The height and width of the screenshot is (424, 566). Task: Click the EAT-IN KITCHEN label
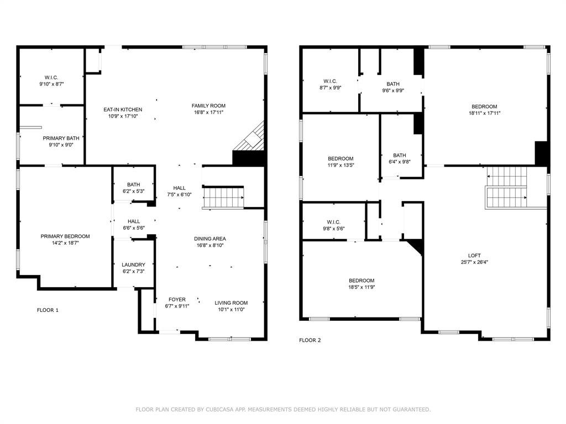coord(123,109)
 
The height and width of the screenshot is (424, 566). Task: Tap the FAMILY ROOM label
coord(208,105)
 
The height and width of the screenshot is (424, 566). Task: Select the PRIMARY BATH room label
coord(61,138)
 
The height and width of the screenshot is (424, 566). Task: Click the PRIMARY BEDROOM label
coord(65,236)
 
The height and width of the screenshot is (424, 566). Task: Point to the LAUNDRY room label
coord(133,264)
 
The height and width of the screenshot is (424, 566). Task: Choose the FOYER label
coord(177,299)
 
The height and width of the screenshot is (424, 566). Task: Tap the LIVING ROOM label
coord(231,303)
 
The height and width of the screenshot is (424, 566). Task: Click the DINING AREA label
coord(209,239)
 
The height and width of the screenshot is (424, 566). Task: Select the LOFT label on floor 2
coord(474,255)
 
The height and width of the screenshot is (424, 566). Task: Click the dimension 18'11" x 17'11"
coord(484,113)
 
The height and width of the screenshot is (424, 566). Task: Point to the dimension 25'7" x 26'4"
coord(474,262)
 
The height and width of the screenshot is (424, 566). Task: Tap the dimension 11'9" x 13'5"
coord(340,165)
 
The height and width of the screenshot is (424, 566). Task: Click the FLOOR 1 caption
coord(48,310)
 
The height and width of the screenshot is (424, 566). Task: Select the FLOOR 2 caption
coord(310,340)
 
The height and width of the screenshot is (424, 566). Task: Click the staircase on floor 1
coord(224,197)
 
